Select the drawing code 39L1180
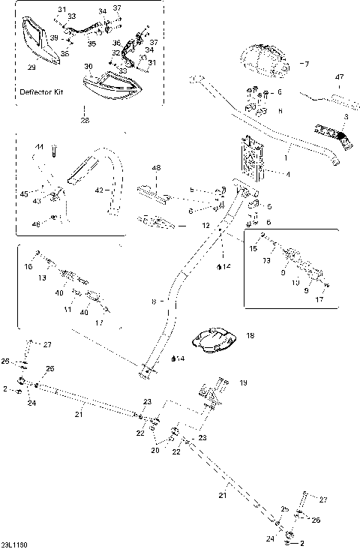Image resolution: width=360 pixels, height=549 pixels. click(x=15, y=544)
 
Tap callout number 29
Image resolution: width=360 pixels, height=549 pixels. click(x=31, y=67)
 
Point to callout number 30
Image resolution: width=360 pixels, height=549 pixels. click(x=88, y=67)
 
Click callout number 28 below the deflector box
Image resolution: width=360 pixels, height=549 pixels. click(x=85, y=120)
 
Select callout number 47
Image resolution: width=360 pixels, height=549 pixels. click(x=339, y=77)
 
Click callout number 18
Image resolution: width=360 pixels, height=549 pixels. click(x=250, y=337)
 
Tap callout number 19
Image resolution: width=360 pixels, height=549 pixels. click(x=243, y=382)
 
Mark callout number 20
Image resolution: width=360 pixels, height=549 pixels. click(x=155, y=451)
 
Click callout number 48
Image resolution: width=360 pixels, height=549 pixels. click(x=157, y=168)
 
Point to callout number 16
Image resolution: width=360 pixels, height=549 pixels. click(x=28, y=266)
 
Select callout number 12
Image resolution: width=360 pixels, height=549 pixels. click(x=205, y=225)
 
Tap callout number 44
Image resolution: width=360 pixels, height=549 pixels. click(x=40, y=147)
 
